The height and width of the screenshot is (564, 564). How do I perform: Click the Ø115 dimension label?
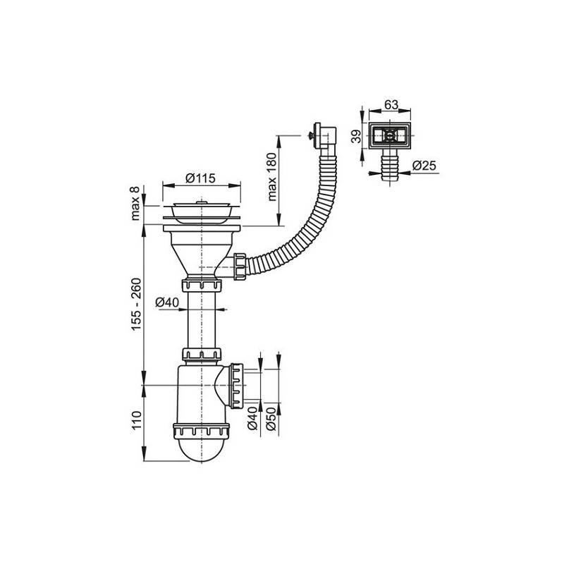point(200,178)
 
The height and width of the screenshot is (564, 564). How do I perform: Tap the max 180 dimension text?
point(272,177)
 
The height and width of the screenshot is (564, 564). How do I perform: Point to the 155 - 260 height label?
point(136,305)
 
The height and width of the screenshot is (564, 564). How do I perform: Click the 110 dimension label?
point(137,419)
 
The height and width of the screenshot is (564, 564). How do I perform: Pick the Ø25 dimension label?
point(424,166)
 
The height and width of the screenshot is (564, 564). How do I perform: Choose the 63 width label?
point(391,104)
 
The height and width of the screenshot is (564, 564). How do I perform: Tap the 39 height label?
point(356,137)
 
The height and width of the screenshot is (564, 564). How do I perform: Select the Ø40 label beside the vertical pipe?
point(167,302)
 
